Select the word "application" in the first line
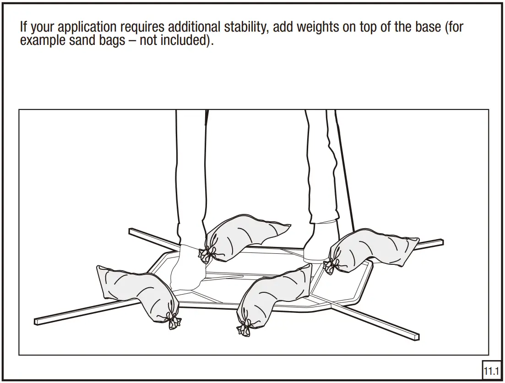(x=87, y=27)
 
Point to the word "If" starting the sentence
(x=23, y=27)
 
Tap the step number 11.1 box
(x=491, y=371)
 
